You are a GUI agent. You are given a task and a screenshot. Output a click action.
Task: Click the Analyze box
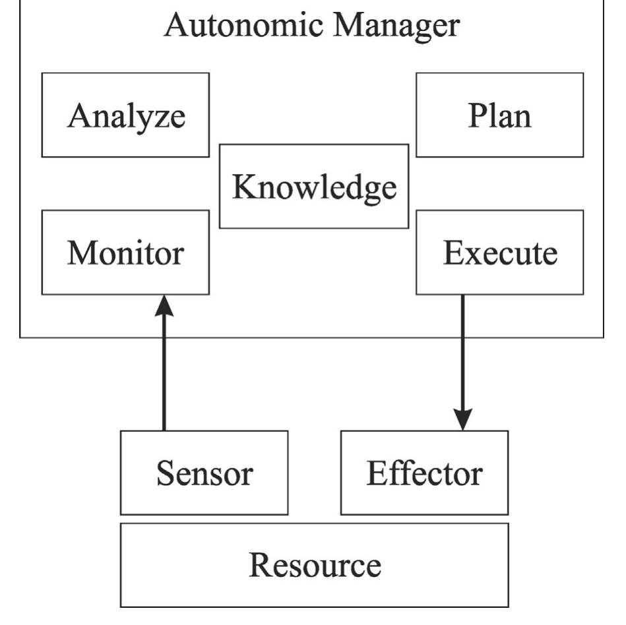click(125, 115)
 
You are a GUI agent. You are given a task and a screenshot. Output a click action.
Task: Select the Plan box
click(499, 115)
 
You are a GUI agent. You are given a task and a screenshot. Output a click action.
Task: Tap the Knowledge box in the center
click(313, 187)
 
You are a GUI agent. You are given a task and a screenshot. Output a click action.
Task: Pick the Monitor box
click(125, 253)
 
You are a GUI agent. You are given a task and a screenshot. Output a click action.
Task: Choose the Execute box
click(499, 253)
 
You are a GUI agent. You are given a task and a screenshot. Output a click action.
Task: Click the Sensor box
click(204, 473)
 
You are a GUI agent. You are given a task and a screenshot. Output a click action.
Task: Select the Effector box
click(424, 473)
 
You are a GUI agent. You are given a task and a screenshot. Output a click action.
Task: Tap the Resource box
click(314, 565)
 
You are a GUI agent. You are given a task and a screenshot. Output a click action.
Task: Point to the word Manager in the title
click(396, 25)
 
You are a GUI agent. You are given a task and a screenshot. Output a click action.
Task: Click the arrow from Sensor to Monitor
click(164, 369)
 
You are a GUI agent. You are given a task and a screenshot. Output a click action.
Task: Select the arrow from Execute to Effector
click(462, 356)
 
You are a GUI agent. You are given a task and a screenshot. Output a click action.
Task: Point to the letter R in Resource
click(259, 565)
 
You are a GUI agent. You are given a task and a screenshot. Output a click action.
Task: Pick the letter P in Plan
click(477, 116)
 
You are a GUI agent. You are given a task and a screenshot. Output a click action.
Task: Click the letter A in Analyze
click(78, 116)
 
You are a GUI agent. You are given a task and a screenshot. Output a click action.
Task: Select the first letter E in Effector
click(375, 473)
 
